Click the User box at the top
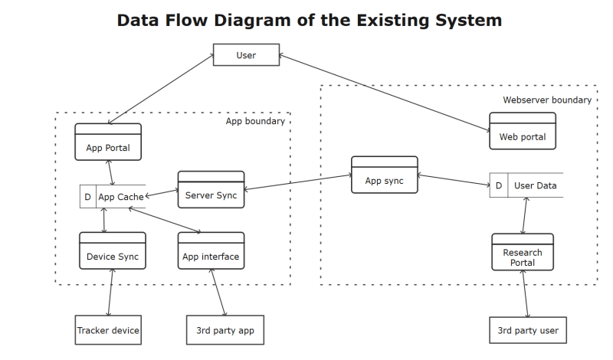click(x=246, y=55)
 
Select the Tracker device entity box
click(x=108, y=330)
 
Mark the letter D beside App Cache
click(x=87, y=197)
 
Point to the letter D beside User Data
click(x=498, y=185)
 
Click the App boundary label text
click(x=255, y=121)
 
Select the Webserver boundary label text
click(x=546, y=100)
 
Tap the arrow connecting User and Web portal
click(x=383, y=93)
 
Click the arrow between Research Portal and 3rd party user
click(x=525, y=294)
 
